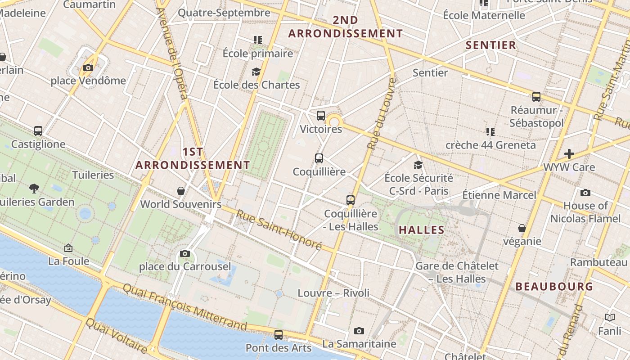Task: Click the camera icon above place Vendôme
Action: [x=88, y=68]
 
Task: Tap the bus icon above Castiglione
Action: [x=38, y=131]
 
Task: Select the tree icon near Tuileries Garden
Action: [x=34, y=188]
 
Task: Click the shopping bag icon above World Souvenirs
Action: [x=181, y=191]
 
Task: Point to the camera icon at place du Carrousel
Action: [x=184, y=254]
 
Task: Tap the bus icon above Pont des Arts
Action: [x=279, y=335]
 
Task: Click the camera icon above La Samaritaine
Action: [x=359, y=331]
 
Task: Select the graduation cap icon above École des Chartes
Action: [x=256, y=72]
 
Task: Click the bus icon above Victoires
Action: [x=321, y=116]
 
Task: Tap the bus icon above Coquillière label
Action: [x=319, y=158]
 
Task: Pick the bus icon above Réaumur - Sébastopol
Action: [x=536, y=97]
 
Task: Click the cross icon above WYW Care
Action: [x=569, y=154]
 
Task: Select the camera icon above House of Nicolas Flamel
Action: [x=585, y=193]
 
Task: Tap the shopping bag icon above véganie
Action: [x=522, y=228]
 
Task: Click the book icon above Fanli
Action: [x=610, y=318]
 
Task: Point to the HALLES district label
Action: [x=422, y=230]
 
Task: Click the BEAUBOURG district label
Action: [x=554, y=286]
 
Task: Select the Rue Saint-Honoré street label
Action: [x=279, y=230]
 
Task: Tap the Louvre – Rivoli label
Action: [x=333, y=293]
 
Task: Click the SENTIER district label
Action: [x=491, y=45]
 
